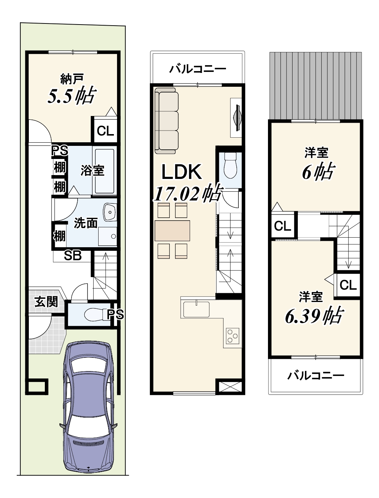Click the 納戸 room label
click(x=72, y=79)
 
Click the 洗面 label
click(x=86, y=223)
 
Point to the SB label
click(x=73, y=256)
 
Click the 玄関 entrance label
click(x=46, y=302)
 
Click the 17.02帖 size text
click(x=188, y=194)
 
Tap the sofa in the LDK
click(x=167, y=121)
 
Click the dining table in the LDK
click(x=172, y=231)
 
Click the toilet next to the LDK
click(x=230, y=166)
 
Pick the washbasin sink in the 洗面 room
click(x=110, y=212)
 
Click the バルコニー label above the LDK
click(x=198, y=68)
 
